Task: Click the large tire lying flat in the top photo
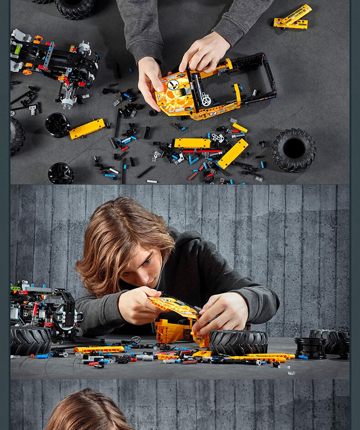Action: (294, 149)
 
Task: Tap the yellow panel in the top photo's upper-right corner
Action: (293, 17)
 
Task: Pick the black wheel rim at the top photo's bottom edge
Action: (61, 174)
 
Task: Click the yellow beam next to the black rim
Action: (87, 129)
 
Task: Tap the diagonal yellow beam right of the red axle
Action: (233, 154)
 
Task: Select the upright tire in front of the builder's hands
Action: (238, 342)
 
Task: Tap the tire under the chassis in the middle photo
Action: (31, 340)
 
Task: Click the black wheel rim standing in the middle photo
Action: (310, 347)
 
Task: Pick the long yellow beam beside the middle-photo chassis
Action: (99, 349)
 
